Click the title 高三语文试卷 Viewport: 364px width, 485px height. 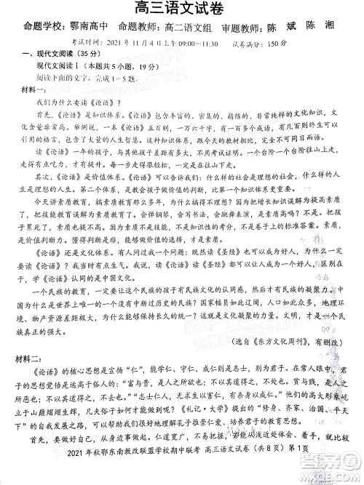182,9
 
